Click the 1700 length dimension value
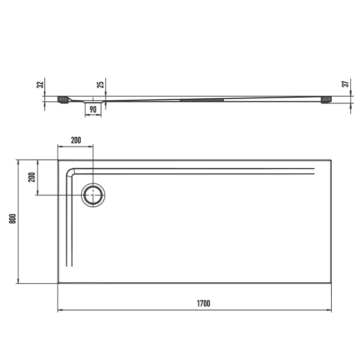203,303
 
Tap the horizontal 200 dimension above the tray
76,140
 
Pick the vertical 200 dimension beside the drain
31,177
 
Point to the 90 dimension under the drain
93,110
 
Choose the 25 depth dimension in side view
101,84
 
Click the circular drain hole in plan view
93,195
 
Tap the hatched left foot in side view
63,99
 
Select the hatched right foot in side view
326,99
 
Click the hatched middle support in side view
202,100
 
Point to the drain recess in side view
93,102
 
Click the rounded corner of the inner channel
71,172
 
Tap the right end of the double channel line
313,171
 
